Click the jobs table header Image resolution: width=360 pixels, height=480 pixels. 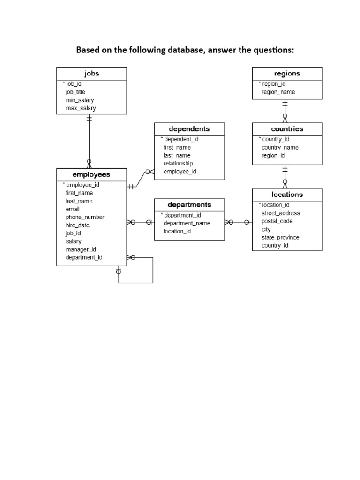coord(91,74)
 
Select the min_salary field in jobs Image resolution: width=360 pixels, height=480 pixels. coord(81,100)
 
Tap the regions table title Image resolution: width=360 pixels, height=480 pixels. coord(287,74)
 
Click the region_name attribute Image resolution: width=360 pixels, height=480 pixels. coord(278,92)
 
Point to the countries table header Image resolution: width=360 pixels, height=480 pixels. coord(287,129)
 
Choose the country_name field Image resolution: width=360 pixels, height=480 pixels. coord(280,147)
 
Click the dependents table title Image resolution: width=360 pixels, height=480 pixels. coord(189,129)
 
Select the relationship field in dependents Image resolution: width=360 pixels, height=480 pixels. coord(178,164)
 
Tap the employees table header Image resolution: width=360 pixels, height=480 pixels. coord(91,174)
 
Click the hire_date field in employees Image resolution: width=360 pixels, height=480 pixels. coord(77,225)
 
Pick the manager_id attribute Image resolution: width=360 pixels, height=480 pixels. coord(81,249)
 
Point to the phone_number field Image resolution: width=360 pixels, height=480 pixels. coord(85,217)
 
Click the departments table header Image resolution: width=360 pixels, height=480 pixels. coord(189,205)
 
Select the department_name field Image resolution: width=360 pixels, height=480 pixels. coord(187,223)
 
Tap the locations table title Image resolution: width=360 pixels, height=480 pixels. coord(287,195)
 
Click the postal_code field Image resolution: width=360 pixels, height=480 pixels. coord(277,221)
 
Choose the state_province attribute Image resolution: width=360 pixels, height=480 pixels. coord(280,237)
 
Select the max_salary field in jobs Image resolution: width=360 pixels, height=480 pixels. coord(81,108)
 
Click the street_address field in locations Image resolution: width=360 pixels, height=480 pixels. coord(280,213)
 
